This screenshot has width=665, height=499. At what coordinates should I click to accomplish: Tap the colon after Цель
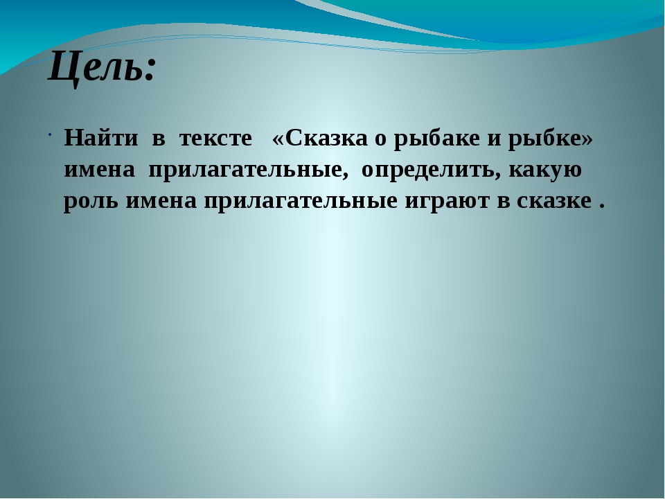click(148, 70)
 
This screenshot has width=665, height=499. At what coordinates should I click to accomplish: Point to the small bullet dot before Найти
click(50, 135)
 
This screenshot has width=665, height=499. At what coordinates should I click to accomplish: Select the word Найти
click(101, 138)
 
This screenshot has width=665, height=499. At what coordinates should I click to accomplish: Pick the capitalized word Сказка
click(326, 139)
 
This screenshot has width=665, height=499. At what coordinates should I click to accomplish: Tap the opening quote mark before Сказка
click(278, 139)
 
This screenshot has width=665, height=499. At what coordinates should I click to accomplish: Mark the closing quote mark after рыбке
click(587, 139)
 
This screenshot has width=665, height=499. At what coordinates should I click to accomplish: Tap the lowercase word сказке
click(554, 201)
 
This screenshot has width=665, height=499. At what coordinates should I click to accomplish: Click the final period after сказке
click(601, 207)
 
